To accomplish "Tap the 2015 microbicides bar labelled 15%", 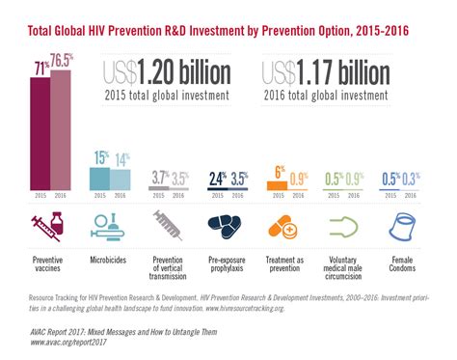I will click(97, 180).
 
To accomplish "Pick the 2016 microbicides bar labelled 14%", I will click(119, 180).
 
